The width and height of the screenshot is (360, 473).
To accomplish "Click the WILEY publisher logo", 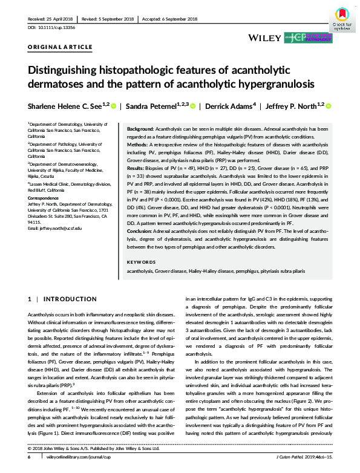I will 265,38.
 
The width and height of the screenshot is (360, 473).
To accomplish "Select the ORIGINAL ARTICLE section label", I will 60,47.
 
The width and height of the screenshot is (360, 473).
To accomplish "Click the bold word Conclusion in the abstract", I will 140,232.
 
